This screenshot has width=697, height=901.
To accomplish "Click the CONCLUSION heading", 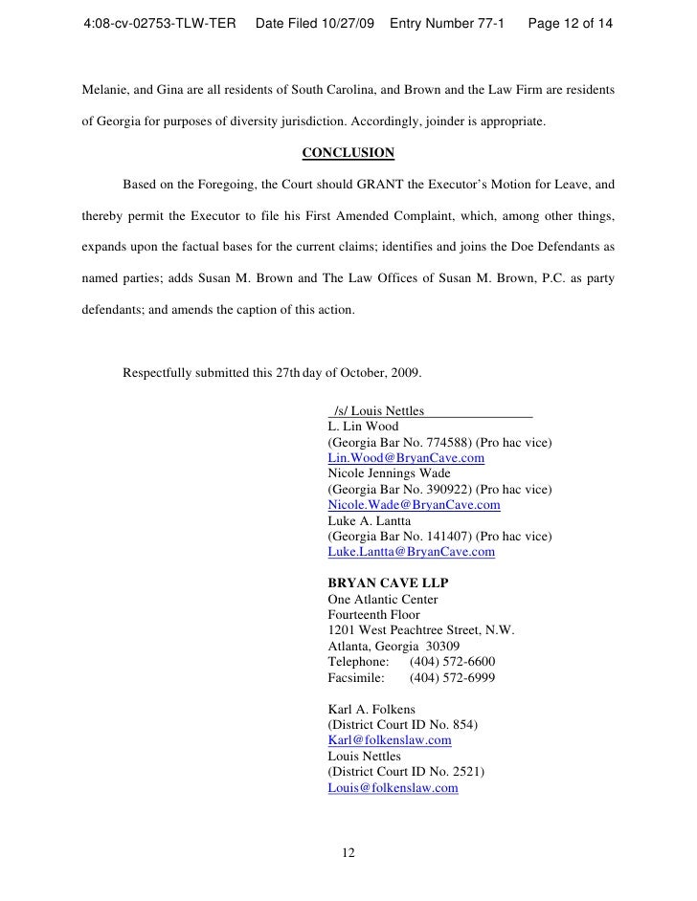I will pyautogui.click(x=348, y=153).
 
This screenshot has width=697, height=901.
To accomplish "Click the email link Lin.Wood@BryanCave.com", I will pyautogui.click(x=405, y=458).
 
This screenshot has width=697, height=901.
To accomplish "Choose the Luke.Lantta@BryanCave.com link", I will pyautogui.click(x=411, y=552).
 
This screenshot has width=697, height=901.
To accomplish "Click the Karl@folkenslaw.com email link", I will pyautogui.click(x=389, y=740).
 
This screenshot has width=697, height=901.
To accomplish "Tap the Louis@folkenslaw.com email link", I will pyautogui.click(x=393, y=788).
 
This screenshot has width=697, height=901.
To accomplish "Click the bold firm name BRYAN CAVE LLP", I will pyautogui.click(x=389, y=583).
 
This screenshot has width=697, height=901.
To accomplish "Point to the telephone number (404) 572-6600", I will pyautogui.click(x=452, y=662).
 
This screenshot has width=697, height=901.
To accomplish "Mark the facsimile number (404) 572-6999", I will pyautogui.click(x=452, y=677).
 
